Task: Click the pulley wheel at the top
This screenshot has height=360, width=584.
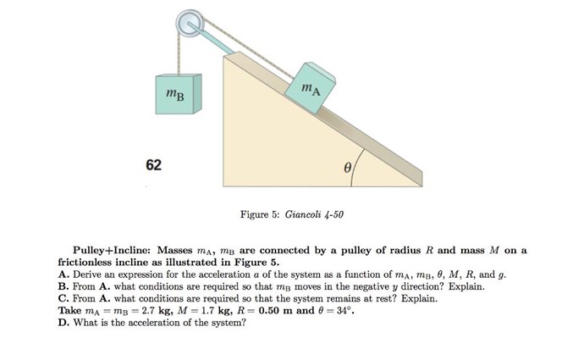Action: [190, 23]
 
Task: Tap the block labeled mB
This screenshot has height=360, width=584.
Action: [179, 94]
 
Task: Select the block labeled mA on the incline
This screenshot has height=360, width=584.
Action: [311, 88]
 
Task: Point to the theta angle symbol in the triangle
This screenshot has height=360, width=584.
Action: [347, 168]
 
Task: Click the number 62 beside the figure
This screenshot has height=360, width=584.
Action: [154, 164]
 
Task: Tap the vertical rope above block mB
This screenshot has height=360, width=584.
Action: [179, 53]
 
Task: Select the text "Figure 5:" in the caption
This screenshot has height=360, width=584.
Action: [260, 214]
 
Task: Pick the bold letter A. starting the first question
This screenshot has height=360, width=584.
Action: [63, 274]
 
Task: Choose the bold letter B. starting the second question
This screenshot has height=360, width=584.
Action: [63, 286]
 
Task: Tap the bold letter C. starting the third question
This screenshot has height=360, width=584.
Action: [63, 298]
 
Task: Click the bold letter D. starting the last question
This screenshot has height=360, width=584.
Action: [63, 323]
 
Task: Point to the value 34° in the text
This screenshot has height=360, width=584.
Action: [344, 310]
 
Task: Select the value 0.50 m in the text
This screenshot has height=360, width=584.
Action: [276, 310]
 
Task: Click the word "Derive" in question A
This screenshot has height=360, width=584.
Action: [86, 274]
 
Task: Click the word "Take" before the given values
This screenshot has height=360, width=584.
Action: [69, 310]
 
